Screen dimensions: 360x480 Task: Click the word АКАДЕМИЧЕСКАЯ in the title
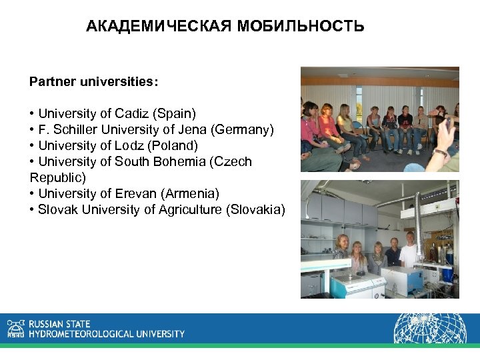coord(157,27)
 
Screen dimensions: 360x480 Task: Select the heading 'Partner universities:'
coord(94,82)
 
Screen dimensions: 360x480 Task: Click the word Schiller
coord(75,129)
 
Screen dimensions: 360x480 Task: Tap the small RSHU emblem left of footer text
coord(15,328)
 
